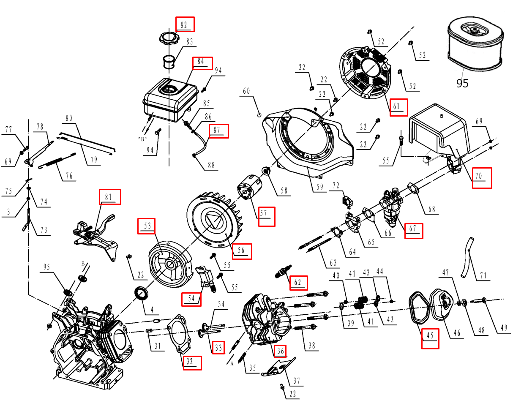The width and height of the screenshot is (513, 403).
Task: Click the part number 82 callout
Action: [x=185, y=24]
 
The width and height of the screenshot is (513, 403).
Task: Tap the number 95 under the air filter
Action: [x=462, y=83]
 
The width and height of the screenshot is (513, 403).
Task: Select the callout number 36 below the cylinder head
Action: [x=280, y=351]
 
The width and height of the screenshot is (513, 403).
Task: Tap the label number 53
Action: [x=147, y=226]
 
